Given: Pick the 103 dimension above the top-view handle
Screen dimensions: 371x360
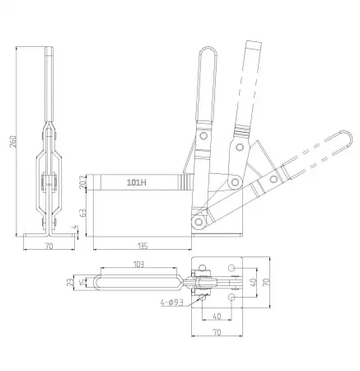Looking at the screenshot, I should pos(137,264).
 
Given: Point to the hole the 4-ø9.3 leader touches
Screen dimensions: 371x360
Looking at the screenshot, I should pos(200,298).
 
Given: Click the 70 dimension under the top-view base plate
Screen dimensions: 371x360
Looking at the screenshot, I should pos(216,334).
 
